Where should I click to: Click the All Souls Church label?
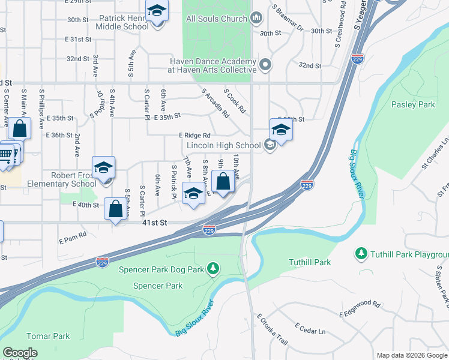217,19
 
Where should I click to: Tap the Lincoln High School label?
223,145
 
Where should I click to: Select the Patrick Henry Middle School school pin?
157,13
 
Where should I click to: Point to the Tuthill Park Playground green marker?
361,254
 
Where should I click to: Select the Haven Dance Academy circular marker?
265,64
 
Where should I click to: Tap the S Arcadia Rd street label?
216,104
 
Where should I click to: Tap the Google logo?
20,353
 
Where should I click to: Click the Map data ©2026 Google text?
412,355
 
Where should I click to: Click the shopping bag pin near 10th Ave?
223,182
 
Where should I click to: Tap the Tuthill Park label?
310,262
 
